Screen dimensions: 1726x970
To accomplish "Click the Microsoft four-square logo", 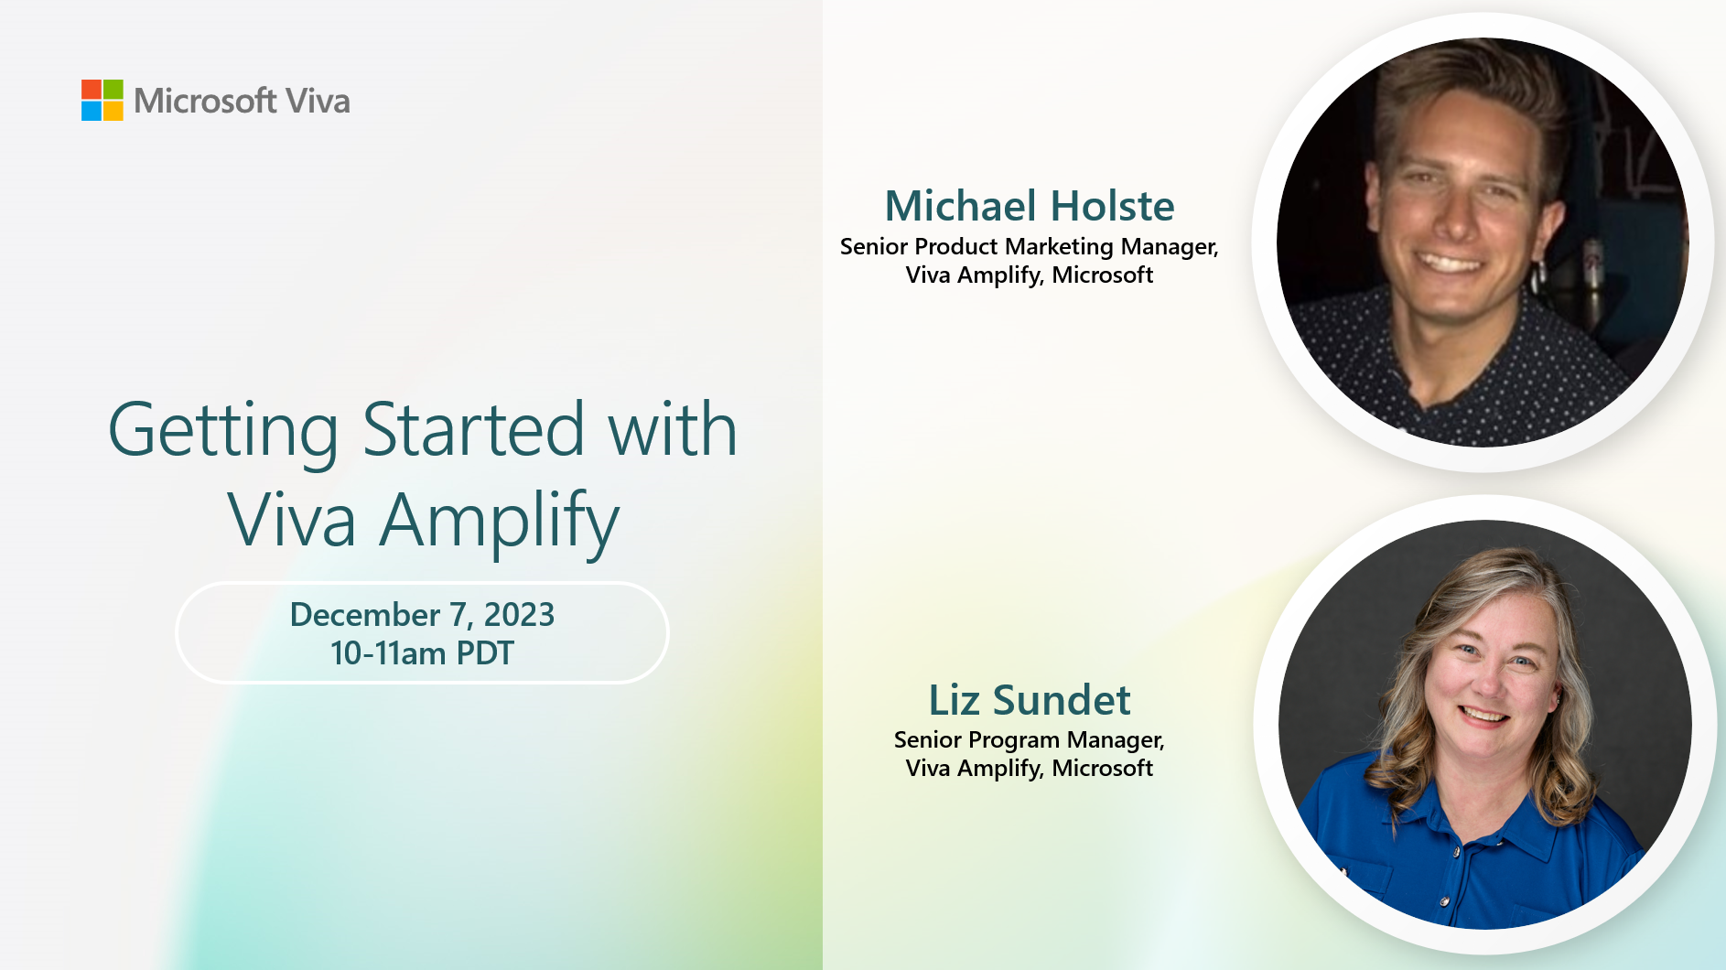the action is [x=102, y=100].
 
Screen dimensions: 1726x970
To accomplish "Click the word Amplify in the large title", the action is [x=500, y=522].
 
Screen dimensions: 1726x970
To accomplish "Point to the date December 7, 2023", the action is [x=422, y=615].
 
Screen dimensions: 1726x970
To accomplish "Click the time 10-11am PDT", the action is [x=422, y=653].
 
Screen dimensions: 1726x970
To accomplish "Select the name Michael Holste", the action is [x=1030, y=206].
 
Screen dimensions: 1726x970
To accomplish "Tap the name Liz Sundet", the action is [x=1030, y=700].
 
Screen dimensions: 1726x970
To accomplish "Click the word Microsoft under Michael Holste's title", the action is [x=1103, y=275].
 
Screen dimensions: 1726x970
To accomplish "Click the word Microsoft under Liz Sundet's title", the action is [x=1103, y=768].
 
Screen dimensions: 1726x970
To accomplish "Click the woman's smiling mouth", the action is [x=1484, y=714].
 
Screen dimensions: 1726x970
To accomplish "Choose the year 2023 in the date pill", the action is [x=519, y=615].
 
